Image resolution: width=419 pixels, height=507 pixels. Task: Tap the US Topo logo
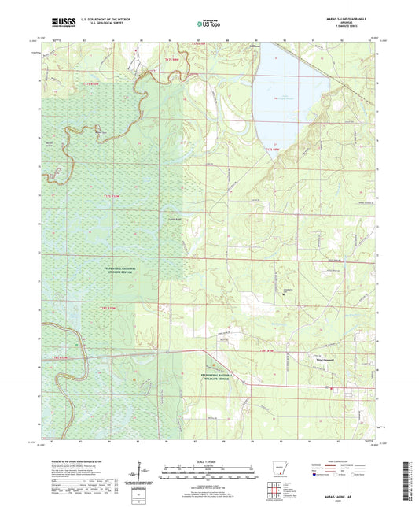208,24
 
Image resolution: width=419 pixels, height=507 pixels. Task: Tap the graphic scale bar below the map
208,474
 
